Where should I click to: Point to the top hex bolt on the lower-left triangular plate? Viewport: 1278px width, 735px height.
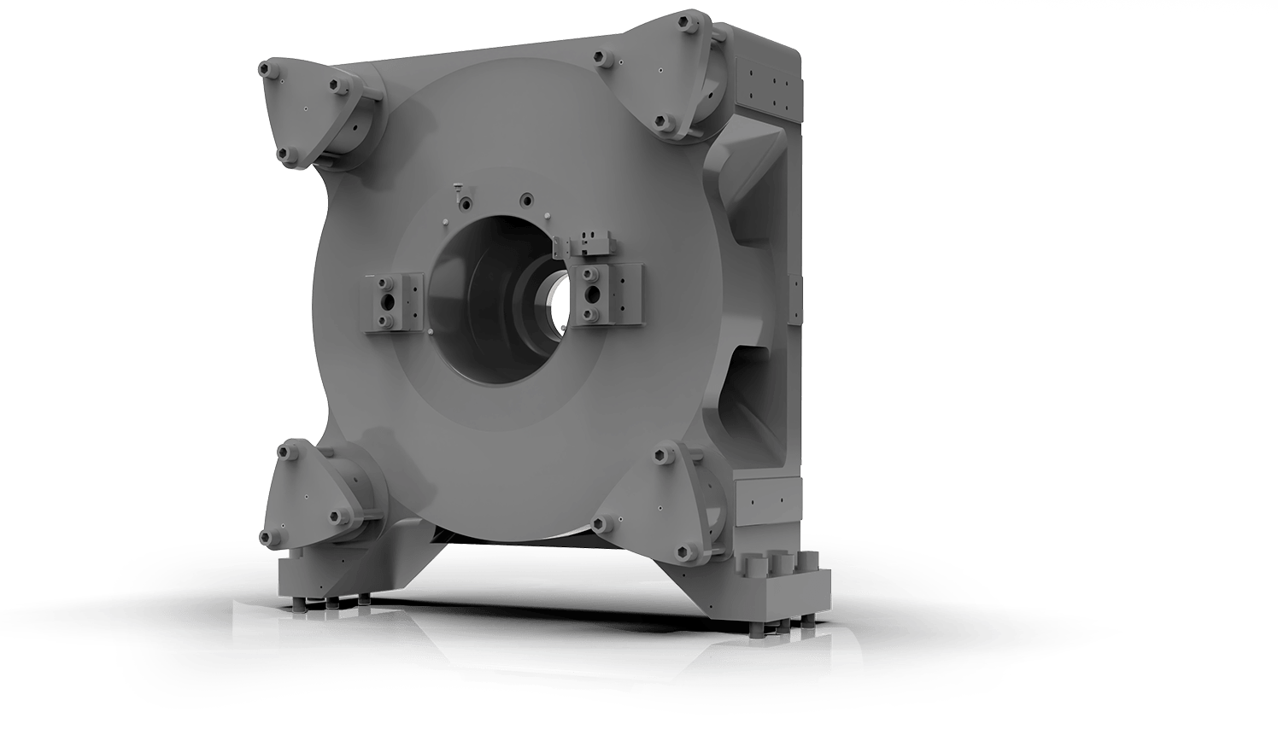[x=288, y=446]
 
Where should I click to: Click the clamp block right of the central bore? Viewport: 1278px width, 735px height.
[x=610, y=295]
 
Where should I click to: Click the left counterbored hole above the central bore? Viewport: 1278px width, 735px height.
[x=466, y=203]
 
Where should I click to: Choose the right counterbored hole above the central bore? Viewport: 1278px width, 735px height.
[x=525, y=201]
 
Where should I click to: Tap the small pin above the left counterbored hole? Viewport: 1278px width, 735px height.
[x=458, y=184]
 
